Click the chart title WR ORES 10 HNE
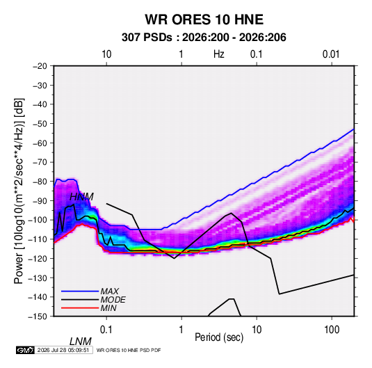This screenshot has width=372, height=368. pos(204,19)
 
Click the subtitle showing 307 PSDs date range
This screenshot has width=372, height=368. pos(204,38)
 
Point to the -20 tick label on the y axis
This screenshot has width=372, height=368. pos(40,66)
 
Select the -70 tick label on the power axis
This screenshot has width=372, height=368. pos(40,162)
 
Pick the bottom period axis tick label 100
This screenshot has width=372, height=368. pos(332,330)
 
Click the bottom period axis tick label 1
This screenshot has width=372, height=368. pos(181,330)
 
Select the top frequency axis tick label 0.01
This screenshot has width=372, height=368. pos(331,54)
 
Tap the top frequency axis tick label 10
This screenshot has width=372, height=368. pos(106,54)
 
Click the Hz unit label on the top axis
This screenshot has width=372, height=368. pos(219,54)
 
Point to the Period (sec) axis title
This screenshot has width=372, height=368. pos(219,337)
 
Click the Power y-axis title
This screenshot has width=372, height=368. pos(19,191)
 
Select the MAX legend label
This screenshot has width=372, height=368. pos(109,291)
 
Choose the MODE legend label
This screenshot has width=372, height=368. pos(113,300)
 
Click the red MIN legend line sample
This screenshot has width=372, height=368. pos(80,308)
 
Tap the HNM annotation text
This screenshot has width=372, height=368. pos(81,197)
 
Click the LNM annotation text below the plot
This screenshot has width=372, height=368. pos(81,342)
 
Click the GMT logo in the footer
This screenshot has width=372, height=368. pos(26,350)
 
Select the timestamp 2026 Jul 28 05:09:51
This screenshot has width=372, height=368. pos(63,350)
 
